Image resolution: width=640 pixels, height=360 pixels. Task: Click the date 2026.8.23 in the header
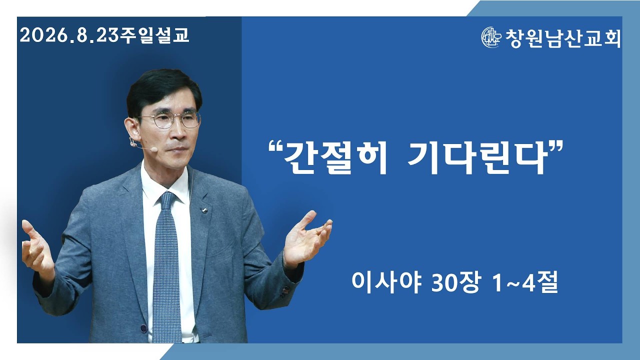(x=69, y=35)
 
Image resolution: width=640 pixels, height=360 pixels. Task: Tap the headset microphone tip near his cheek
(x=154, y=149)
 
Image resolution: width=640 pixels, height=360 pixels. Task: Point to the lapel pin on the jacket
(x=205, y=211)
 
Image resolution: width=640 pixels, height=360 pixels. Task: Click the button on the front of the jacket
(x=143, y=328)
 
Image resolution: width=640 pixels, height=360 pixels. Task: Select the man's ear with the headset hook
(x=131, y=132)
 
